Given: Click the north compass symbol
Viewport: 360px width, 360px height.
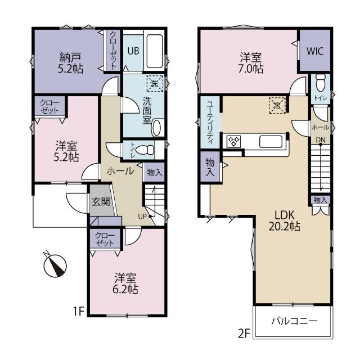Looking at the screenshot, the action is point(55,265).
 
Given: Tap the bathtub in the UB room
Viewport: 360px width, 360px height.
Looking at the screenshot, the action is point(155,51).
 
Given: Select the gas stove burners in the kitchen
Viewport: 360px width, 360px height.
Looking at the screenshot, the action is point(234,141).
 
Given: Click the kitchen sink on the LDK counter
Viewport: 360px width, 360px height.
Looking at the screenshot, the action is point(271,142).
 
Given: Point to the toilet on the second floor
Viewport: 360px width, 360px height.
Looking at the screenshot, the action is point(321,83).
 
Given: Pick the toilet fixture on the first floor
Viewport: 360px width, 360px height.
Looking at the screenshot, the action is point(145,150).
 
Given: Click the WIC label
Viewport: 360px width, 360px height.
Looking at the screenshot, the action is point(315,51).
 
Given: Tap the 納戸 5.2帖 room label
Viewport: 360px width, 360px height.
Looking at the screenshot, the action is point(70,63).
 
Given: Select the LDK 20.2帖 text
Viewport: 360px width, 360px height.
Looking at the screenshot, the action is point(285,221).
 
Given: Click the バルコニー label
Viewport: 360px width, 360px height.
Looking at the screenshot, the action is point(294,321).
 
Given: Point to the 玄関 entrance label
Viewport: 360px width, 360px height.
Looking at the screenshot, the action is point(101,201).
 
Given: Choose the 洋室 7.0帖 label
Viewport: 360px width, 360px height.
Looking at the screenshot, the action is point(251,63).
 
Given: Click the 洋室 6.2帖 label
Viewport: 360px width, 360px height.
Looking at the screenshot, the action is point(125,283).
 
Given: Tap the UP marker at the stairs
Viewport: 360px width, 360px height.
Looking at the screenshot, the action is point(142,217).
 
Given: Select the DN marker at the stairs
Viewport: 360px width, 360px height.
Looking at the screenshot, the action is point(321,139).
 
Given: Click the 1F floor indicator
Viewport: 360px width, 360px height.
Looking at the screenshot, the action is point(79,311).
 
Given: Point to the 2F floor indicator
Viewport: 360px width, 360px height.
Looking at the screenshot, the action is point(244,334).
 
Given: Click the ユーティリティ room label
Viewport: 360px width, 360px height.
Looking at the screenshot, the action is point(210,123).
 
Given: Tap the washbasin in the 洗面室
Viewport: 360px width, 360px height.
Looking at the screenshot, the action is point(156,128).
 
